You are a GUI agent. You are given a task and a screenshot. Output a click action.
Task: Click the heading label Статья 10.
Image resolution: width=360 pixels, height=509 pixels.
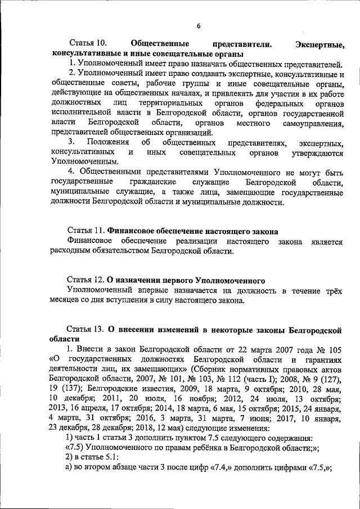coord(87,44)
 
